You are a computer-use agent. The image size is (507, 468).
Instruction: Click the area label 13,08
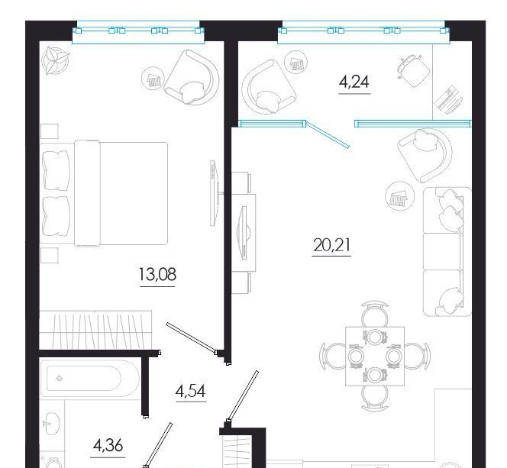tap(157, 274)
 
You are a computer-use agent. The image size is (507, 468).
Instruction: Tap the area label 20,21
tap(331, 245)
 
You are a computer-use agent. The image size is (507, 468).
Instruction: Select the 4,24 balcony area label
tap(354, 82)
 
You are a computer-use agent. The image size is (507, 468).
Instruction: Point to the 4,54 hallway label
tap(190, 391)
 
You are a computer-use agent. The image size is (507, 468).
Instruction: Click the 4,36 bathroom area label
tap(108, 446)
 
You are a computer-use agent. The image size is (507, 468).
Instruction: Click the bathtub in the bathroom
tap(89, 379)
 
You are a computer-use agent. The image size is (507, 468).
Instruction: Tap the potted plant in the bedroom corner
tap(56, 60)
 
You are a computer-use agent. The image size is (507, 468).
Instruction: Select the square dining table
tap(375, 357)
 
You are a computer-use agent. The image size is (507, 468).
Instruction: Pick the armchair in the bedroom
tap(192, 78)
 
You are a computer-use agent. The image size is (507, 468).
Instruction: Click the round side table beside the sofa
tap(400, 196)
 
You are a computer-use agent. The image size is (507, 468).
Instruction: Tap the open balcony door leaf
tap(328, 135)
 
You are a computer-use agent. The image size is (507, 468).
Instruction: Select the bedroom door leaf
tap(192, 337)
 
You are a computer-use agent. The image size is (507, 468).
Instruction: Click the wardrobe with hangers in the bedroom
tap(95, 330)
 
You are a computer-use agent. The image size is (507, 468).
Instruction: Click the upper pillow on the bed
tap(56, 170)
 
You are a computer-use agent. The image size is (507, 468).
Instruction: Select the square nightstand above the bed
tap(50, 131)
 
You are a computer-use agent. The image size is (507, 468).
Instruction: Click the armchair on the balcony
tap(269, 86)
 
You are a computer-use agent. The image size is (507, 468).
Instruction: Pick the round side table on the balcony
tap(295, 63)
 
